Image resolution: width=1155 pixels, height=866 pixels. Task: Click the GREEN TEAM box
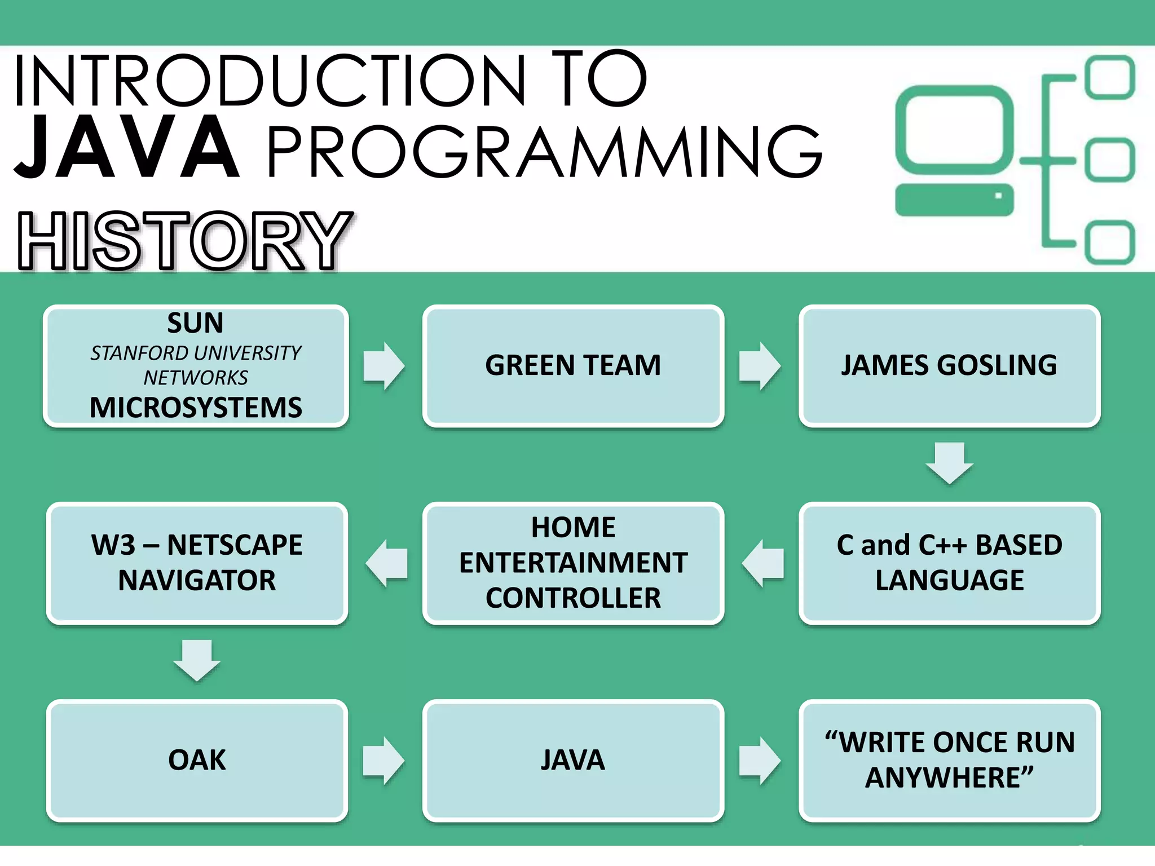(x=573, y=365)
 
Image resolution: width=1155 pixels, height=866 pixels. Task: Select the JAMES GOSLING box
(x=949, y=365)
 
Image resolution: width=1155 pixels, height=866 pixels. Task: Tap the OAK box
(x=197, y=760)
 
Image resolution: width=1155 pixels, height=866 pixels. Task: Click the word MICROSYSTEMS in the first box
(x=196, y=407)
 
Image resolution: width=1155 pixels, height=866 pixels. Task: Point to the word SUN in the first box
(x=195, y=323)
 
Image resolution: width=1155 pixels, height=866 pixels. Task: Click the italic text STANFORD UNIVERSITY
(x=196, y=354)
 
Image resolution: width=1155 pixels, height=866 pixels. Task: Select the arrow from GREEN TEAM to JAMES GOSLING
(x=760, y=365)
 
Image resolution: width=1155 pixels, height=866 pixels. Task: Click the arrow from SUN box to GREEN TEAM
(x=383, y=365)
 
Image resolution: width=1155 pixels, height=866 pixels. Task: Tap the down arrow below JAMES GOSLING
(x=949, y=462)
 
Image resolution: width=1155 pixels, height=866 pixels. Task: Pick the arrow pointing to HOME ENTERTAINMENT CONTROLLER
(x=762, y=563)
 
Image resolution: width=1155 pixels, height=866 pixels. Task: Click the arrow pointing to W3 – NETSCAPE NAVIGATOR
(x=386, y=563)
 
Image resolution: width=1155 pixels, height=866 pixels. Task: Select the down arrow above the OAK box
(x=197, y=660)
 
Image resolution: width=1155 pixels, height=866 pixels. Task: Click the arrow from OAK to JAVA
(x=383, y=760)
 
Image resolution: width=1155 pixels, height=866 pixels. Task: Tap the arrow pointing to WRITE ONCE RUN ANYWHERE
(x=760, y=760)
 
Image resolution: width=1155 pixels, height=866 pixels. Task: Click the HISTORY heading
(x=184, y=241)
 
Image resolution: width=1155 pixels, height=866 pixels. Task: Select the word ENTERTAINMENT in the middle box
(x=573, y=563)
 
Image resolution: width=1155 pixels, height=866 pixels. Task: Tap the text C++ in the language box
(x=942, y=545)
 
